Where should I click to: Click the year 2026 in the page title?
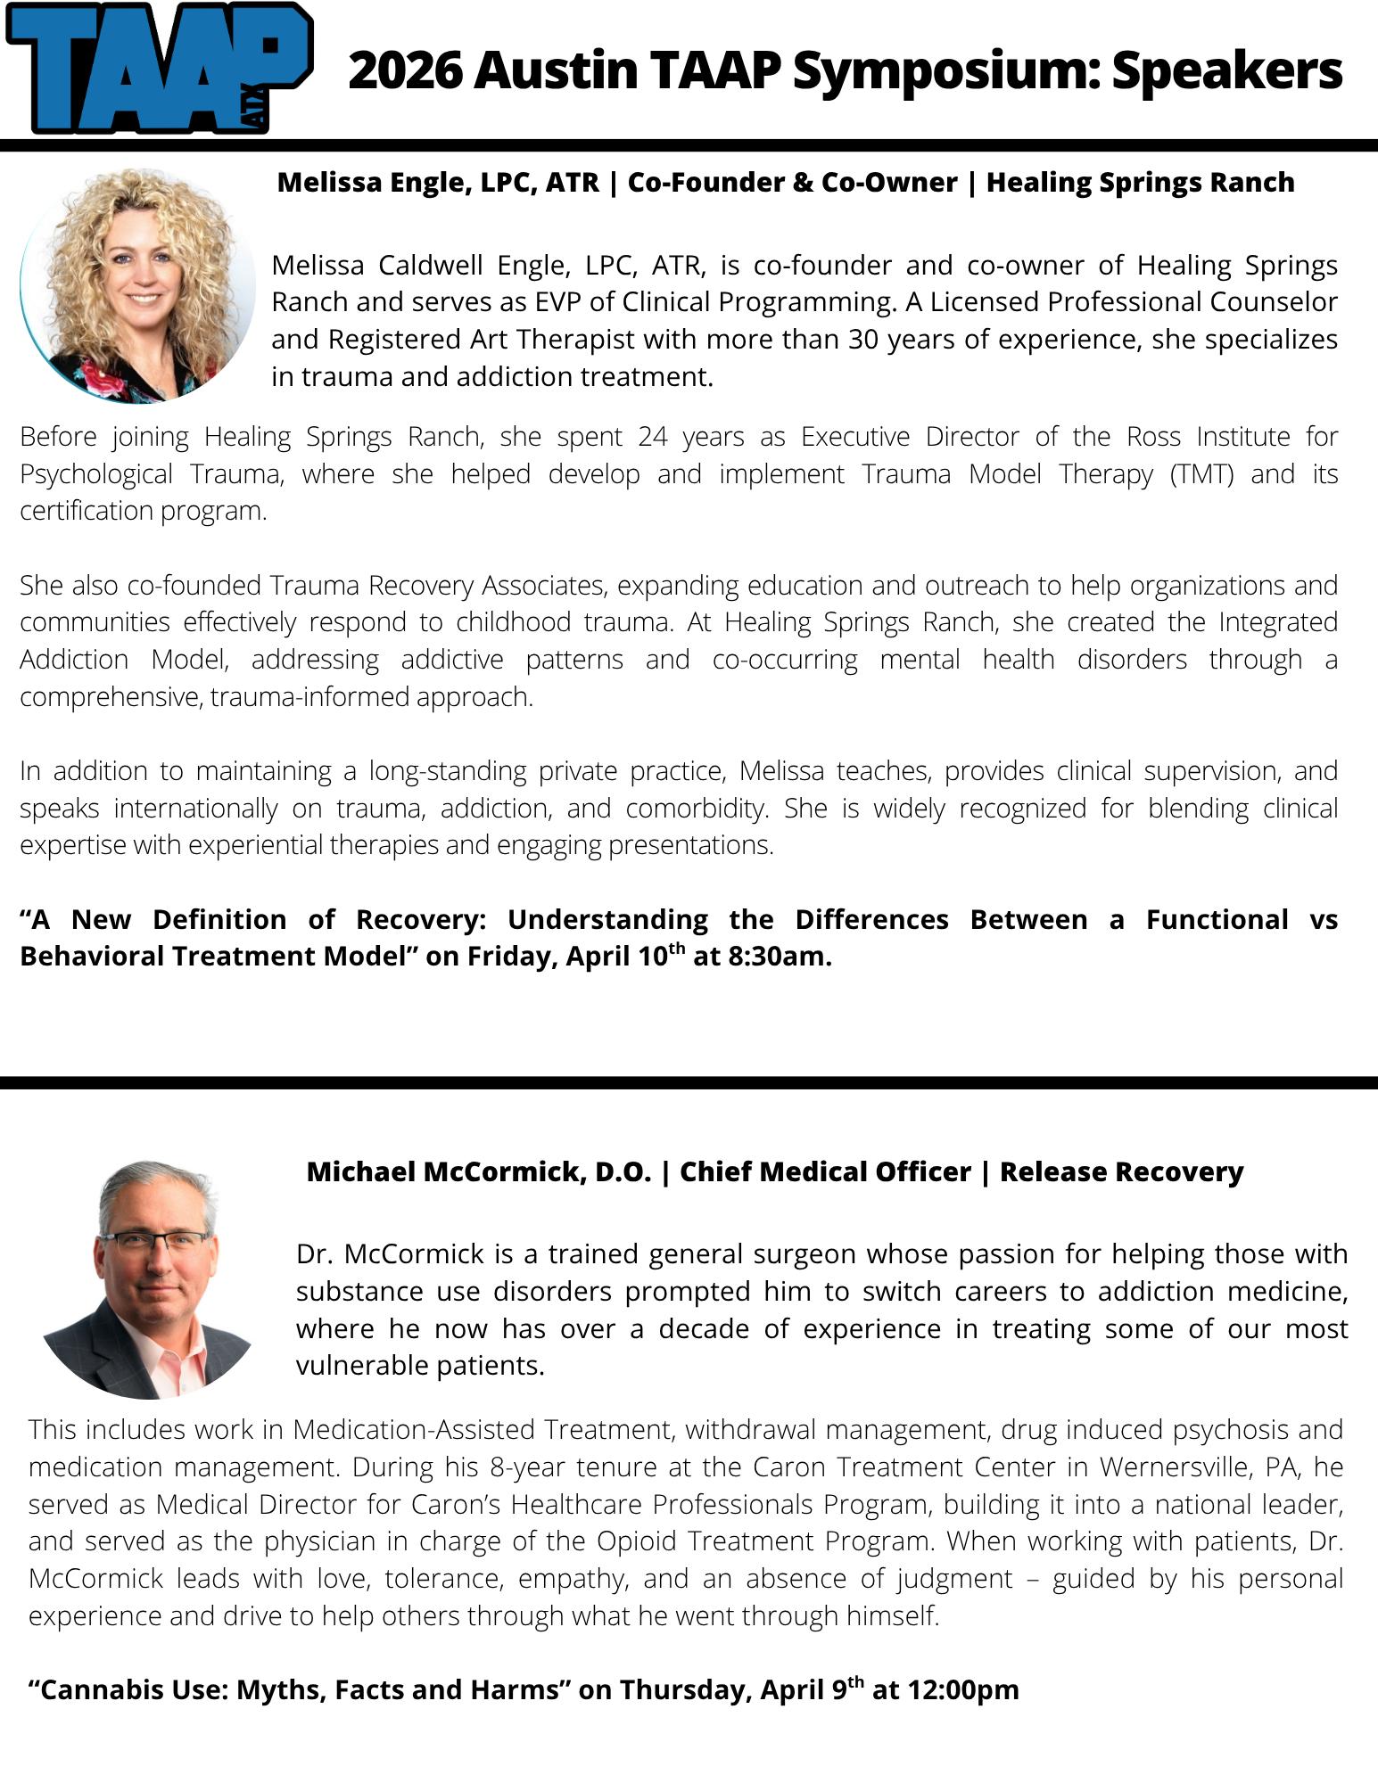[x=404, y=71]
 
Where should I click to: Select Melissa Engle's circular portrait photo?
[x=138, y=285]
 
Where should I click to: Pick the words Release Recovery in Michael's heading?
[x=1121, y=1171]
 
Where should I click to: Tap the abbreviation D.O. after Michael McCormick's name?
[x=623, y=1171]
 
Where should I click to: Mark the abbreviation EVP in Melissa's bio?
[x=557, y=302]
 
